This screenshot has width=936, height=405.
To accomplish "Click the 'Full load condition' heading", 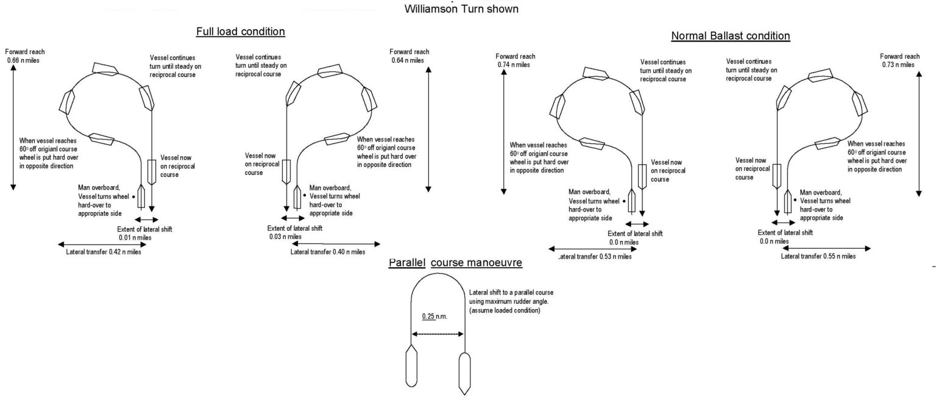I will [x=240, y=31].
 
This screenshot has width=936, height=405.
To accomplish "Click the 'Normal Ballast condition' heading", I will [x=730, y=36].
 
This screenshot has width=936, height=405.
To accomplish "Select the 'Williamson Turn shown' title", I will [x=461, y=9].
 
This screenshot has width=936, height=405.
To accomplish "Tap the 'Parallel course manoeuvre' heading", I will [x=455, y=263].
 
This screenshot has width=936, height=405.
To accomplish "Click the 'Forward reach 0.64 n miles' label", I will [x=409, y=56].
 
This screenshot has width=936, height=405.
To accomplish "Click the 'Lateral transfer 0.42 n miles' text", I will [x=103, y=252].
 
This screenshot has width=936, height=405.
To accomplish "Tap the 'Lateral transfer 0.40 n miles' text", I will [x=328, y=251].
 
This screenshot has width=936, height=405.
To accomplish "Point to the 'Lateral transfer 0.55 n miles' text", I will [x=818, y=256].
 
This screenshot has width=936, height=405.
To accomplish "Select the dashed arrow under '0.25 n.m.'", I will [x=438, y=334].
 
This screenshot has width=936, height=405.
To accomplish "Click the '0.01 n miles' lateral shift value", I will [x=134, y=237].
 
